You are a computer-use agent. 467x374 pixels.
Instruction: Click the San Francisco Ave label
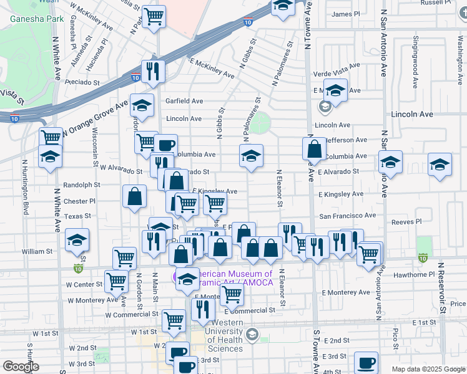pos(348,216)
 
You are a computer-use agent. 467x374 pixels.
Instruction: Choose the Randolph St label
pos(82,185)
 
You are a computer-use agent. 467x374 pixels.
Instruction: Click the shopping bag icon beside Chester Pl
pos(135,197)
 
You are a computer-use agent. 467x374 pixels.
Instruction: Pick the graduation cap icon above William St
pos(77,240)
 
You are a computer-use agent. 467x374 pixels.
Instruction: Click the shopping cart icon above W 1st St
pos(174,320)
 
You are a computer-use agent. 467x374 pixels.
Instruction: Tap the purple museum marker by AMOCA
pos(178,275)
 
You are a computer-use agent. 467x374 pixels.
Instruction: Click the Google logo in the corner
pos(21,366)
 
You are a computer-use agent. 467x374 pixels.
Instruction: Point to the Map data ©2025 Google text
pos(428,369)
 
